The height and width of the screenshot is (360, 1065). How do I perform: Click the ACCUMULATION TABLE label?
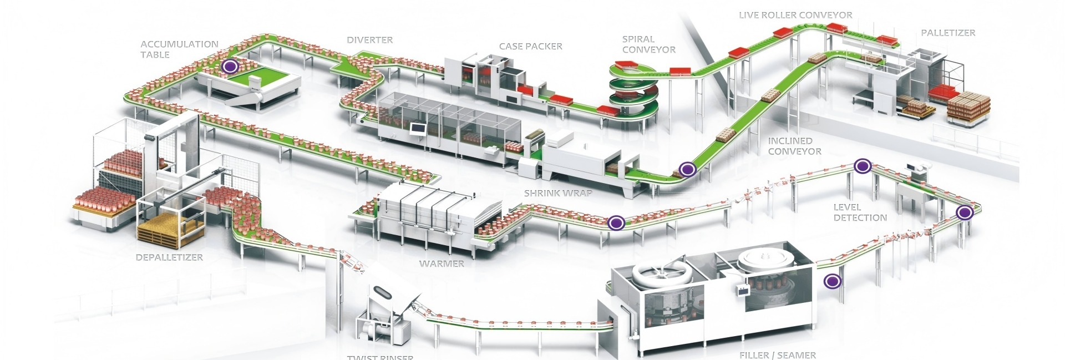pos(179,49)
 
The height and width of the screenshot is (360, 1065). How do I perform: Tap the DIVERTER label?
pos(369,40)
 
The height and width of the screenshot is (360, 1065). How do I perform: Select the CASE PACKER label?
pos(530,47)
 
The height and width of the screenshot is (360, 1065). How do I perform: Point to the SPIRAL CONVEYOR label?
pos(648,44)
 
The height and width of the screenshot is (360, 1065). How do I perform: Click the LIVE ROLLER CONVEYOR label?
pos(795,16)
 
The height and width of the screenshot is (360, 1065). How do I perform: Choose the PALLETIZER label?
pos(947,33)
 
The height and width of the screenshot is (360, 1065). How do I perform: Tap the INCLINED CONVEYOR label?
pos(794,146)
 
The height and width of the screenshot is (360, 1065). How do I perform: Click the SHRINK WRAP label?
pos(558,194)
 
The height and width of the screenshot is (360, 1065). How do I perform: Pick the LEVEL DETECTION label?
pos(860,212)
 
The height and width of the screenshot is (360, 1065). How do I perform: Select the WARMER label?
pos(442,263)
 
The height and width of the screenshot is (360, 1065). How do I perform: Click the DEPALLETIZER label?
pos(169,257)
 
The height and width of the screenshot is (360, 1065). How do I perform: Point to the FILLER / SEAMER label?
pos(777,355)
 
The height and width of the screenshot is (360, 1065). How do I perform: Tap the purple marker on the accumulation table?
pos(230,67)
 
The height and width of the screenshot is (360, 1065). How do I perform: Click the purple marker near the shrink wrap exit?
pos(687,169)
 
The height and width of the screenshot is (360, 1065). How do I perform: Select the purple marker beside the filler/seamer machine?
pos(831,282)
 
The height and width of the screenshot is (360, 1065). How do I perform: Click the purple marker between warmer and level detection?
pos(616,223)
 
